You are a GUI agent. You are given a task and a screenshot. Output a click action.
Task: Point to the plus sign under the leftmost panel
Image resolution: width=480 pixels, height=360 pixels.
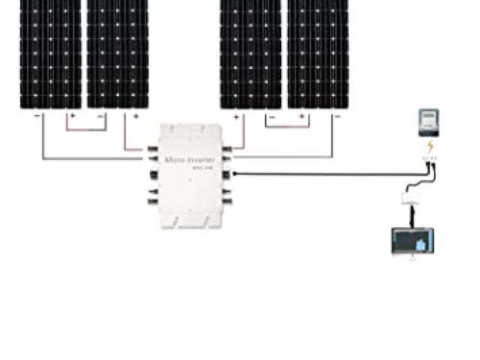click(x=72, y=116)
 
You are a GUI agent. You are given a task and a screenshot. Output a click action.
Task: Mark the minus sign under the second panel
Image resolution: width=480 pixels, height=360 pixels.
click(x=103, y=116)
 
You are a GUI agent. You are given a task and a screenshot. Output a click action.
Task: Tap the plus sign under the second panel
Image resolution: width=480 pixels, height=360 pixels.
click(x=136, y=116)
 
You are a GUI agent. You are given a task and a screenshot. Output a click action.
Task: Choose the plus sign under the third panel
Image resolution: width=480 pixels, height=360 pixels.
click(x=236, y=117)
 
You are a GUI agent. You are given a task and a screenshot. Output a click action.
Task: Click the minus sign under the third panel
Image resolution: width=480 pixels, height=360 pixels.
click(x=271, y=117)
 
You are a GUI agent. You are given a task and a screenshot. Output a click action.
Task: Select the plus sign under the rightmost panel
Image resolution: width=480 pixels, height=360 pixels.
click(x=302, y=117)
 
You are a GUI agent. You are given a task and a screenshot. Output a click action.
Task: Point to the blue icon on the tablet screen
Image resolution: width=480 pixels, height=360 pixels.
click(x=421, y=244)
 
